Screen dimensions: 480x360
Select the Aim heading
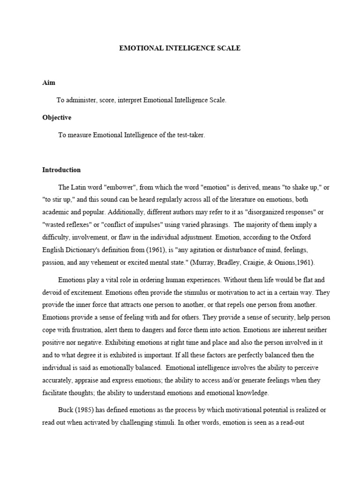coord(49,82)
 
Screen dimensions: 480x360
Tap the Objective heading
coord(57,118)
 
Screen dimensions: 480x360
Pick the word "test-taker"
coord(189,135)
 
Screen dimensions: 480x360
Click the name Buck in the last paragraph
coord(66,410)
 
